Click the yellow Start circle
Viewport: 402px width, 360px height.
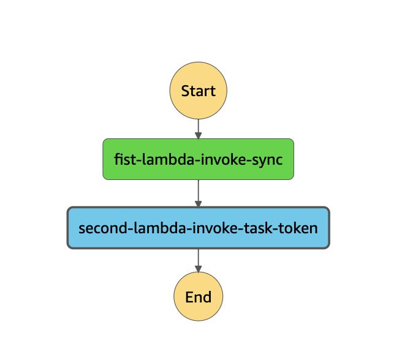click(198, 91)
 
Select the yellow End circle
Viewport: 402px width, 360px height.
click(198, 298)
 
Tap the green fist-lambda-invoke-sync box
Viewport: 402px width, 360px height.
click(198, 159)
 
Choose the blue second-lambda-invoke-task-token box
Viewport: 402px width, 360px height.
click(198, 228)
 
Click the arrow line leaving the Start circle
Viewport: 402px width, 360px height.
click(198, 127)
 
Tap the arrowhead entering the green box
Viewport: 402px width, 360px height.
click(198, 135)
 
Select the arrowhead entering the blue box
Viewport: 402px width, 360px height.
click(198, 204)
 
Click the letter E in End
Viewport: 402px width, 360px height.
click(189, 298)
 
